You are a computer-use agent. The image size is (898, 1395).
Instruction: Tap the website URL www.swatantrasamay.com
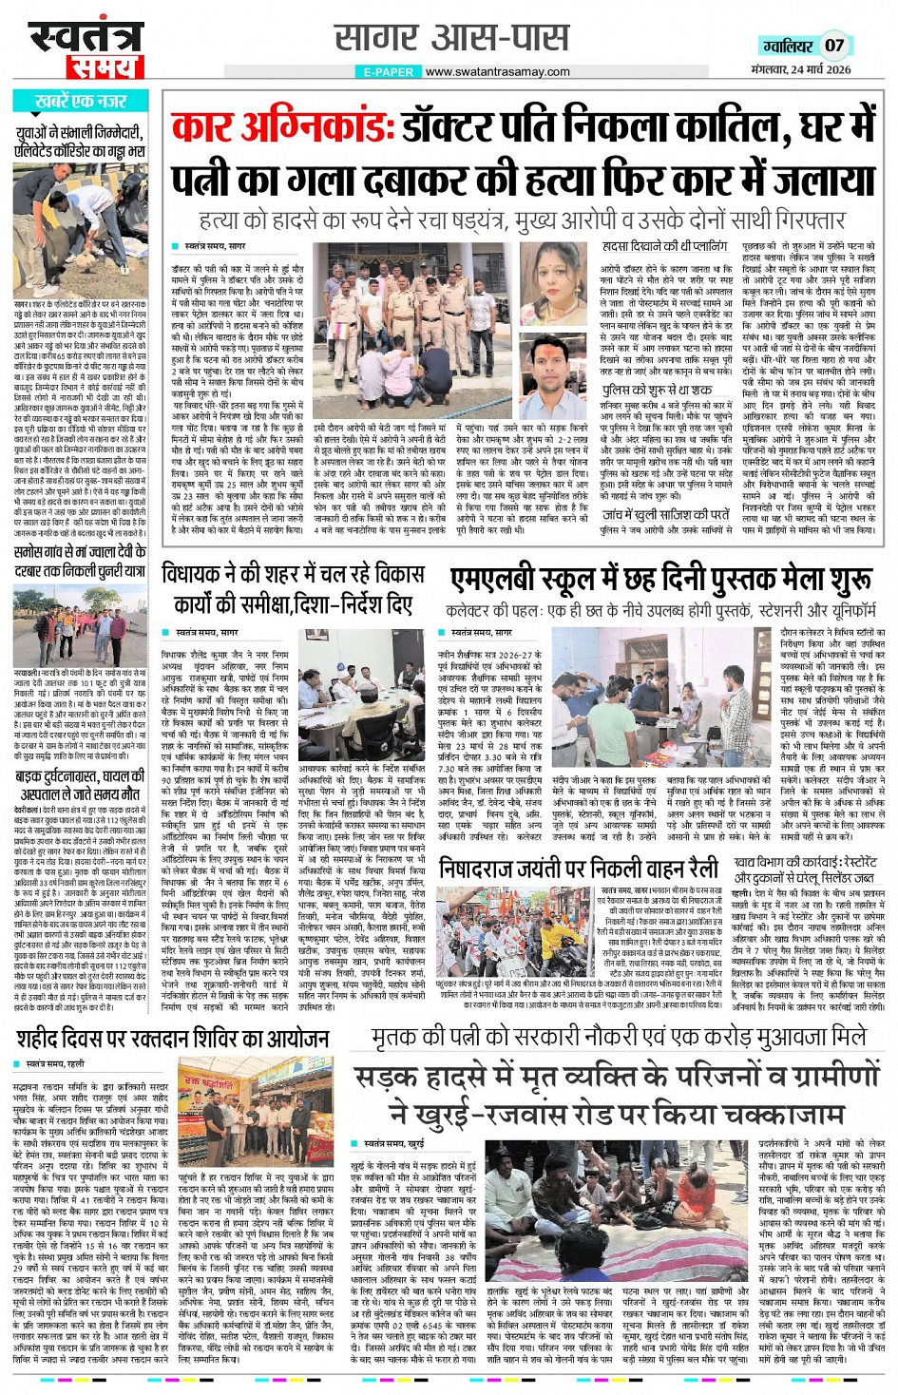[498, 71]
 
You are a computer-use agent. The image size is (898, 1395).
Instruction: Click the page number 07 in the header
[833, 45]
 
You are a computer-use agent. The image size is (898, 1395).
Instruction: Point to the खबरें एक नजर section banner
[81, 101]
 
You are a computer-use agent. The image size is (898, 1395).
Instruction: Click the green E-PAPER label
[389, 71]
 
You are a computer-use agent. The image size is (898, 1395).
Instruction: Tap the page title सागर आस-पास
[452, 38]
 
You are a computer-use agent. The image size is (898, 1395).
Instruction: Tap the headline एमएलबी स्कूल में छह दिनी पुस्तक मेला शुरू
[660, 579]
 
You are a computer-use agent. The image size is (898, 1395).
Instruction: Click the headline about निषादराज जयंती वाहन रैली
[579, 868]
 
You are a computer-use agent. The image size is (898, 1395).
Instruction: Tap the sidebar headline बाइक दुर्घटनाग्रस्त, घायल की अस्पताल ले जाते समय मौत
[80, 785]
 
